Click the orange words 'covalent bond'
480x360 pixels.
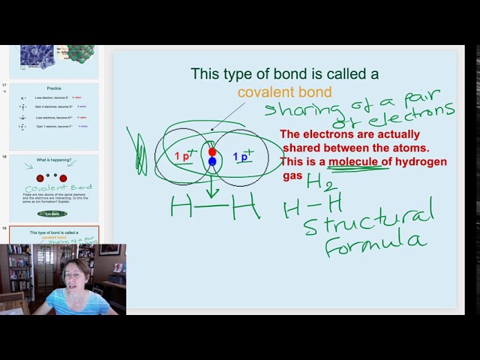(284, 92)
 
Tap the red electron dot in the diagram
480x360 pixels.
(212, 152)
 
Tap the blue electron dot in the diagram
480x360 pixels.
(212, 161)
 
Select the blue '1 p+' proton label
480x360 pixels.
(242, 157)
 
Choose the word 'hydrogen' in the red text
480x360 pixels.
(421, 162)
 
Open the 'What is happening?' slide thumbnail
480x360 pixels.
(53, 187)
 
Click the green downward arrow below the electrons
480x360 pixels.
(212, 184)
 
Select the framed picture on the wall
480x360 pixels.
(109, 250)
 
